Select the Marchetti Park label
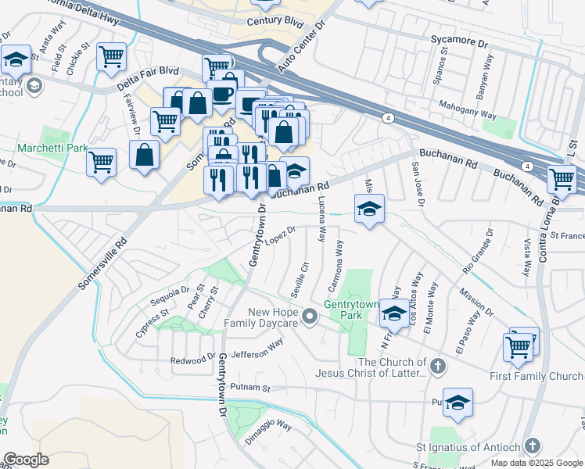[52, 147]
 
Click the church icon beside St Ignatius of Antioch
[532, 446]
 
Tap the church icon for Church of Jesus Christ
[438, 365]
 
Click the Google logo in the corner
[26, 459]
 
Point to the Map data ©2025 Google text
[537, 463]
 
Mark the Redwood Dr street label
[193, 359]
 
